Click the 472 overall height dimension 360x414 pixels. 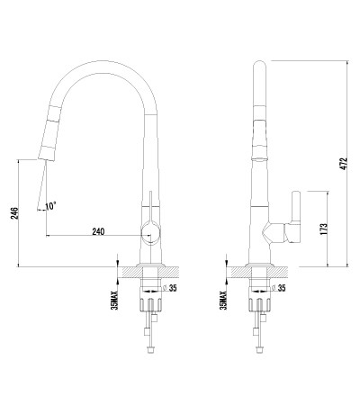pyautogui.click(x=345, y=164)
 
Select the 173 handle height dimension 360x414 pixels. pyautogui.click(x=324, y=229)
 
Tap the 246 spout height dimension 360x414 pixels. pyautogui.click(x=15, y=213)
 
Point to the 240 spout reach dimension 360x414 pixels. pyautogui.click(x=98, y=231)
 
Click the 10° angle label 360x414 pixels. pyautogui.click(x=50, y=206)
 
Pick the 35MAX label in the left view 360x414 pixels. pyautogui.click(x=114, y=300)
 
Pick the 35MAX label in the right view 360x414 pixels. pyautogui.click(x=223, y=300)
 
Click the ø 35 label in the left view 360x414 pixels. pyautogui.click(x=170, y=288)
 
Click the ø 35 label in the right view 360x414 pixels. pyautogui.click(x=279, y=288)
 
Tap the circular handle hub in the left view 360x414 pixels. pyautogui.click(x=151, y=233)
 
